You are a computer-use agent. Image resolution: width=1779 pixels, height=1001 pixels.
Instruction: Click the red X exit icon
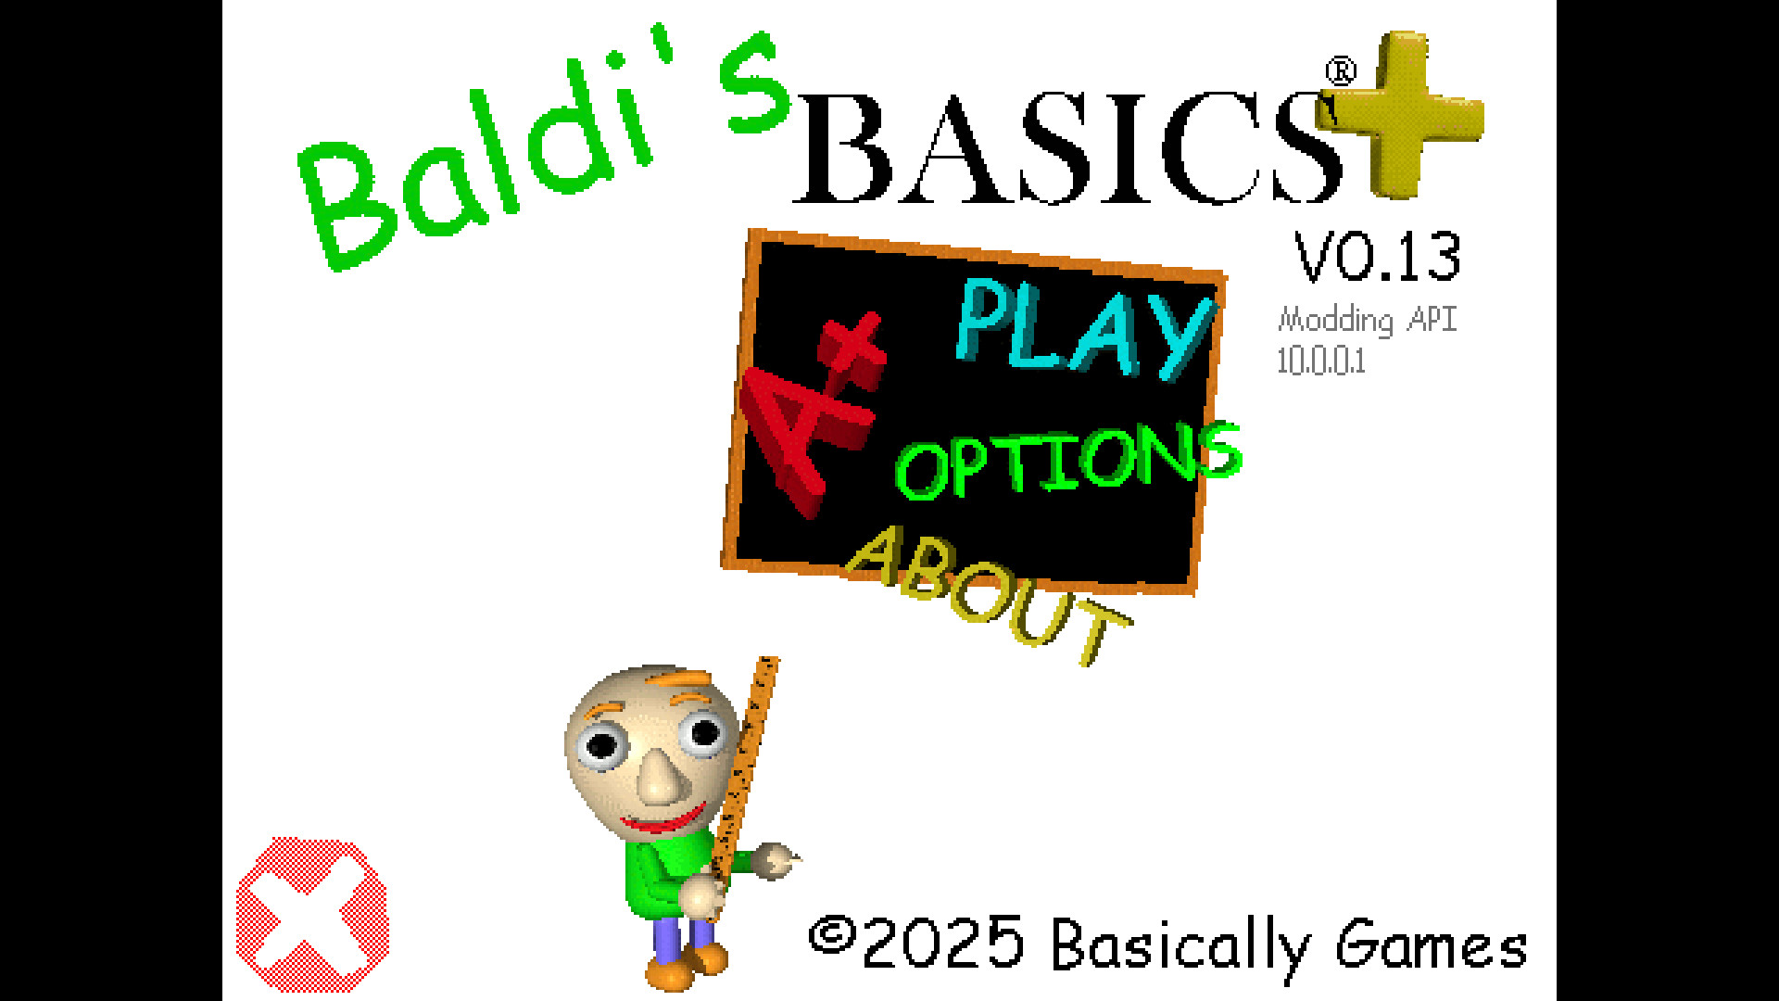(x=312, y=915)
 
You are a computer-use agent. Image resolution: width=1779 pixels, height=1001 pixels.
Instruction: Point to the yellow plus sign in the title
(x=1401, y=114)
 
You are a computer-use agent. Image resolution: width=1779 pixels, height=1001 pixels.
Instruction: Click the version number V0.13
(x=1378, y=257)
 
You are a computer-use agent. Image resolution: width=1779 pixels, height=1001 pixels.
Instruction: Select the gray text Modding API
(x=1368, y=320)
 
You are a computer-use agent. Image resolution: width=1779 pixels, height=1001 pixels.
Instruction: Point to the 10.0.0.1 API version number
(x=1321, y=361)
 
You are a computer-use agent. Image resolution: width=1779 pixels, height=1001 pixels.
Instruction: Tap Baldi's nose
(x=660, y=777)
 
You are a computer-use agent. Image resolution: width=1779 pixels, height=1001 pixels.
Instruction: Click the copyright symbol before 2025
(x=831, y=935)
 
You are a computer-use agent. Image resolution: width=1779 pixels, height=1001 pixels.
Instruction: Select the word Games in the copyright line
(x=1432, y=945)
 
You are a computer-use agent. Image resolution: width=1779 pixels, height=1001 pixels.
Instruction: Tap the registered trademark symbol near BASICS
(x=1341, y=71)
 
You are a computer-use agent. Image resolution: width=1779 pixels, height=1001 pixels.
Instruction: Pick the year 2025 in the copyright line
(x=943, y=943)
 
